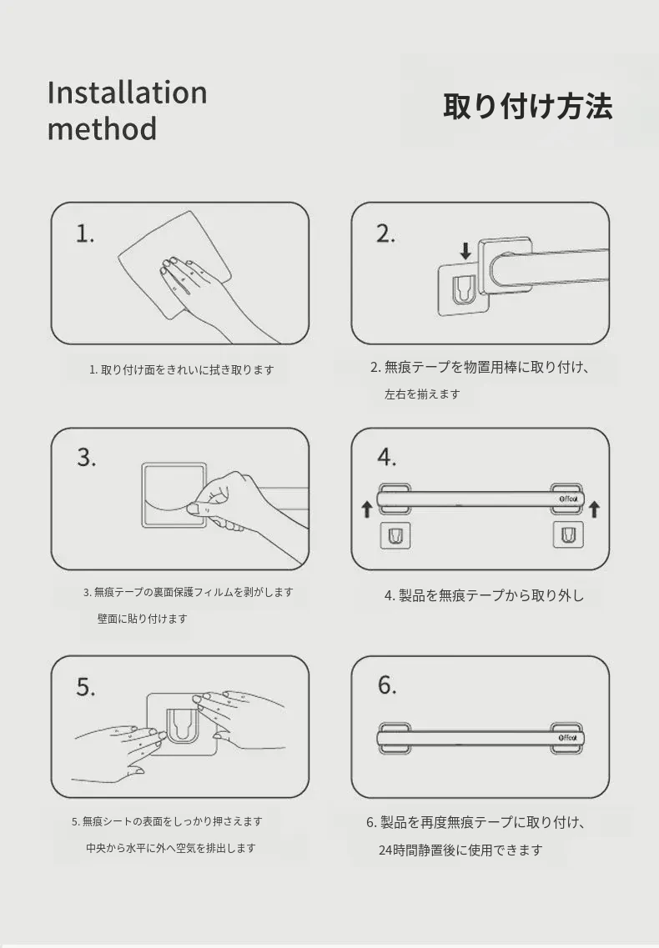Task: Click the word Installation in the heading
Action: (127, 93)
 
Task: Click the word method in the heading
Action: (103, 128)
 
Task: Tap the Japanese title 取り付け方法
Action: (528, 107)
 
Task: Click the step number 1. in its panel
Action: (85, 233)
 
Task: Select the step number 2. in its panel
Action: (385, 233)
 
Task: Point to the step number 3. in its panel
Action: (87, 458)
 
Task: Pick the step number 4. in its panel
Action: (387, 457)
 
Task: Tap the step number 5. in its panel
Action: (85, 687)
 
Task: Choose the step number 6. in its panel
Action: (387, 685)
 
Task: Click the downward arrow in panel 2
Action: (465, 251)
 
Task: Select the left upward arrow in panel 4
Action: (366, 509)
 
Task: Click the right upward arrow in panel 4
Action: (594, 509)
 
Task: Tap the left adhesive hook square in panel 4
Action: (395, 535)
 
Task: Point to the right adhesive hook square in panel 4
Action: (568, 535)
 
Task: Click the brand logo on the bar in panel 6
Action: (567, 738)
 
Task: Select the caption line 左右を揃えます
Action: (422, 394)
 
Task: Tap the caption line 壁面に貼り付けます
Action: (142, 619)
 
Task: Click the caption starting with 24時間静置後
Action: (460, 850)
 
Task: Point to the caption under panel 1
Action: (182, 369)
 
